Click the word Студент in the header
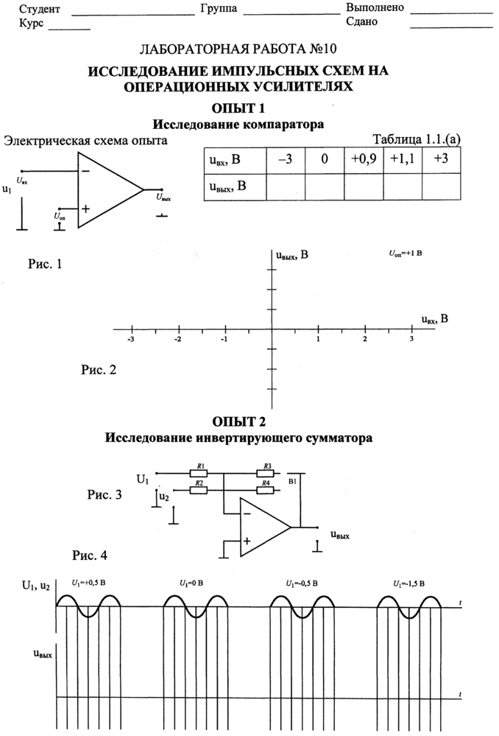pos(40,9)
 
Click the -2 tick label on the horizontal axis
pos(177,340)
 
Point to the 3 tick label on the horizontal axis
pos(411,340)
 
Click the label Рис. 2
pos(99,369)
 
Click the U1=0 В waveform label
pos(191,583)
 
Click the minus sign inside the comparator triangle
pos(86,171)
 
